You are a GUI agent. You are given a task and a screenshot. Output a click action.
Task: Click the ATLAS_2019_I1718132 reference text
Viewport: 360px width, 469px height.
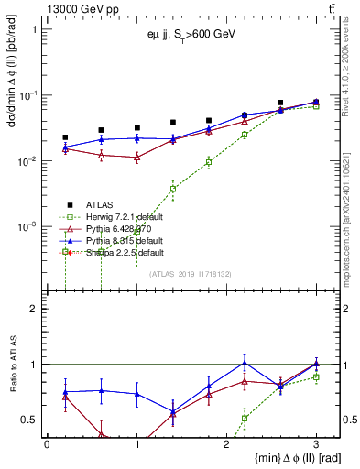point(190,273)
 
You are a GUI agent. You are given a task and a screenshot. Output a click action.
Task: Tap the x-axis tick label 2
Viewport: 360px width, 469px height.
point(226,442)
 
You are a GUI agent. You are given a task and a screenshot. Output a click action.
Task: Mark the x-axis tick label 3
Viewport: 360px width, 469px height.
point(316,442)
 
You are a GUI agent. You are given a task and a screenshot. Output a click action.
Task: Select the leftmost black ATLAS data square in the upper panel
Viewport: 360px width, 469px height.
point(65,137)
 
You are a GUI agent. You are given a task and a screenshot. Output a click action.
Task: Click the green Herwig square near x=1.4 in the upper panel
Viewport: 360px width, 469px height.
point(173,189)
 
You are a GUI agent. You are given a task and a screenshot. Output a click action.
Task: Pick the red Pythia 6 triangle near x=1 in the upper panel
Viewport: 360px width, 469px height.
point(136,158)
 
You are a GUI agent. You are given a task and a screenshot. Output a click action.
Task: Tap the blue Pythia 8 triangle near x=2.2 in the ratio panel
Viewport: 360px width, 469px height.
point(245,362)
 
